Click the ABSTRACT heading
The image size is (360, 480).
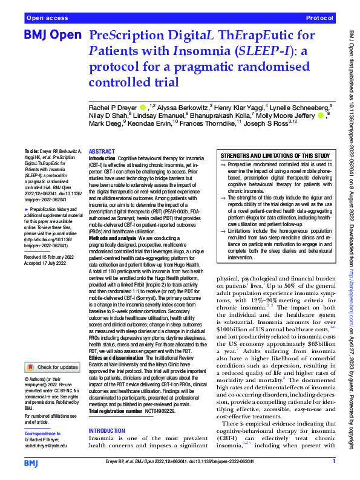click(101, 152)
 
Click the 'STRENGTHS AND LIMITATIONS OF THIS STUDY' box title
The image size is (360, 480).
click(275, 155)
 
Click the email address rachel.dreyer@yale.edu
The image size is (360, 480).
click(47, 429)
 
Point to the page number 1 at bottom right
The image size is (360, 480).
click(334, 462)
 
